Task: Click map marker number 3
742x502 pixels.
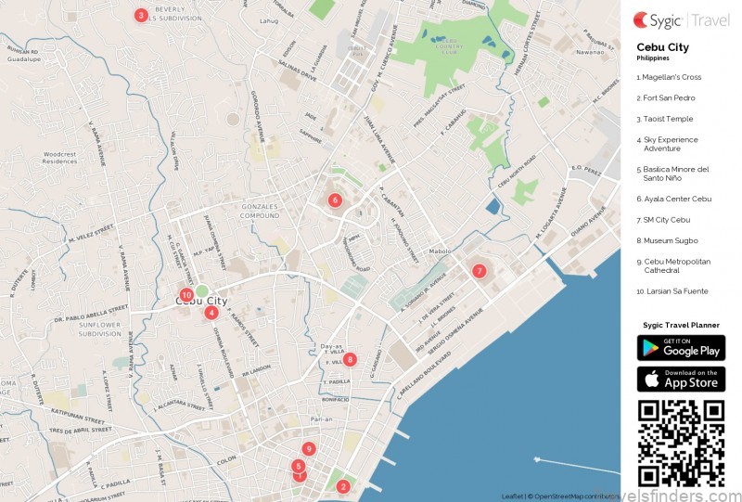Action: (140, 15)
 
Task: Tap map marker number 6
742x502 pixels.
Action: (335, 200)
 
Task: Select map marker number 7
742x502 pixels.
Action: (479, 271)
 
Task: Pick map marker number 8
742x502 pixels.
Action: (349, 359)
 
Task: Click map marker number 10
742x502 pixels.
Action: (186, 295)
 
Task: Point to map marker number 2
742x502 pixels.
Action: (342, 486)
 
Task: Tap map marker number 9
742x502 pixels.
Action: (309, 449)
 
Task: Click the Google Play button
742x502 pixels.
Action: (681, 348)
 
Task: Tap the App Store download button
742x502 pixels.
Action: (681, 379)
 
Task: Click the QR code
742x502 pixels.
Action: (681, 442)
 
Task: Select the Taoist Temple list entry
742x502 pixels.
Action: (664, 119)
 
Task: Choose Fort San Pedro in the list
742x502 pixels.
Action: (666, 97)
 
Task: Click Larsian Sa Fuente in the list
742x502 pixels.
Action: (672, 291)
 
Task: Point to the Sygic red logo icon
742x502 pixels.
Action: (641, 19)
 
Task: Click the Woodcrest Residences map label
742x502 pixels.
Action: (59, 158)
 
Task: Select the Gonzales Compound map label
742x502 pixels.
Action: (259, 211)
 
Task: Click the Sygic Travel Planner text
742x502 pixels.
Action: (681, 325)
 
